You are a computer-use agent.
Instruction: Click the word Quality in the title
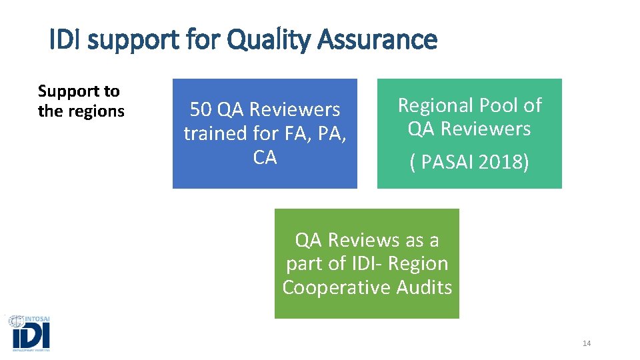(x=267, y=40)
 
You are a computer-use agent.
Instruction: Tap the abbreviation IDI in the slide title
(x=66, y=40)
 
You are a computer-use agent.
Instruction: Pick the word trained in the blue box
(x=215, y=133)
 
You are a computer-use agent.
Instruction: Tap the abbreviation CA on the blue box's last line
(x=265, y=157)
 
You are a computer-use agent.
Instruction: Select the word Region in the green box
(x=418, y=263)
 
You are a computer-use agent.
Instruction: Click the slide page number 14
(x=587, y=343)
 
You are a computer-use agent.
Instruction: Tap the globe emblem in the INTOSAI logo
(x=16, y=321)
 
